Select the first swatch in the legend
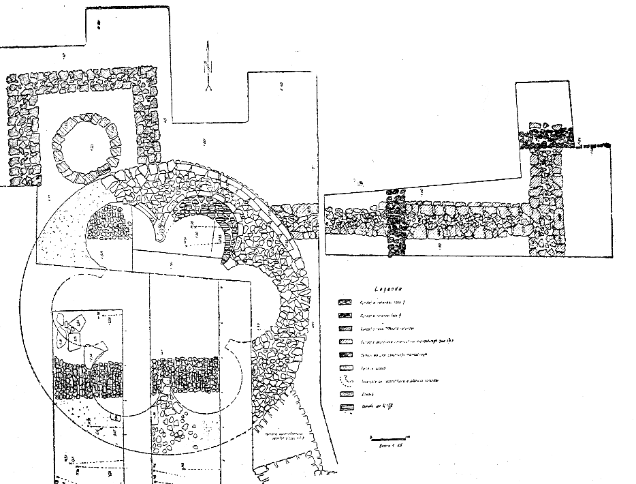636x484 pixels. tap(345, 301)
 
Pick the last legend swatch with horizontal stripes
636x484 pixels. tap(345, 408)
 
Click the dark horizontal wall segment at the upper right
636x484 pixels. tap(545, 140)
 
